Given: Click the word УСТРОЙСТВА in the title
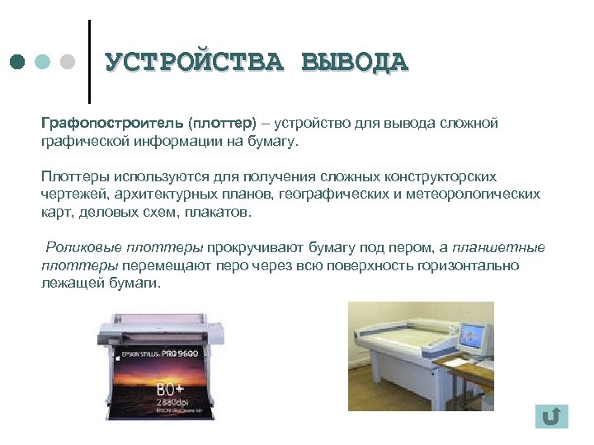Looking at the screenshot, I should coord(195,63).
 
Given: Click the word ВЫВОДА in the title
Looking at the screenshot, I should coord(355,63).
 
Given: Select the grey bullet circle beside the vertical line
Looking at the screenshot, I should coord(68,63).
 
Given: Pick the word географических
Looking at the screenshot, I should coord(328,194).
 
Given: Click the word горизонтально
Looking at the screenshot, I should coord(469,265).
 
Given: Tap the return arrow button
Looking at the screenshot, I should coord(551,416).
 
